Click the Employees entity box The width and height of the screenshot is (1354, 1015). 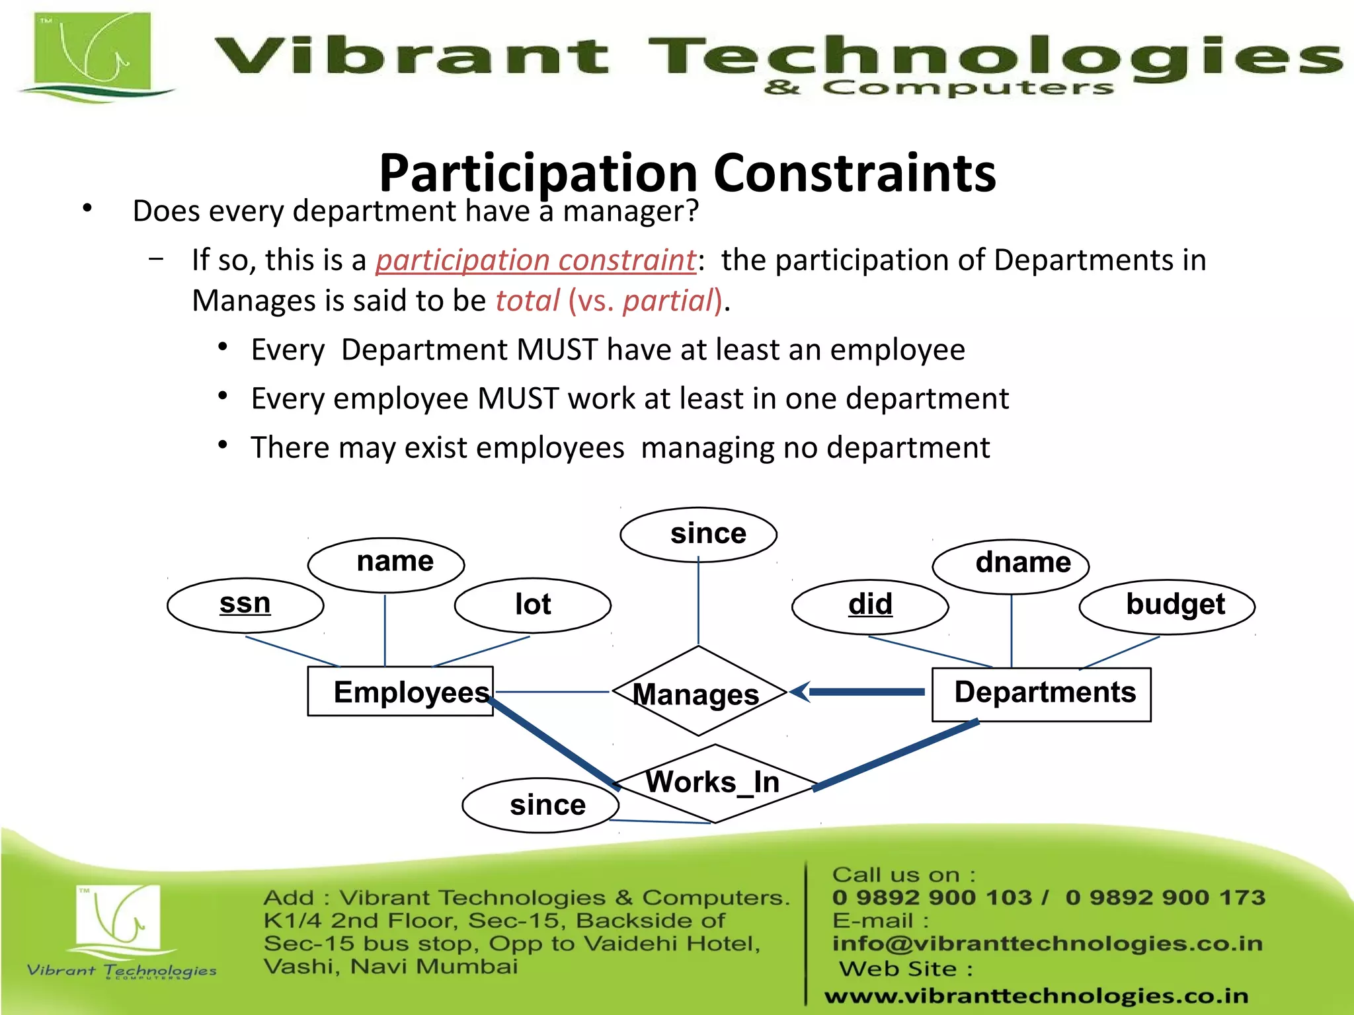pos(400,691)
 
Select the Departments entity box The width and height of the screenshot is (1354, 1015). pos(1041,694)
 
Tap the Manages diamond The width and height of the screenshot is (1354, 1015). pos(698,692)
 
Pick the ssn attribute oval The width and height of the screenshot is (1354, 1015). pos(245,605)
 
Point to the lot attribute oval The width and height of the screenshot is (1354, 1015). pos(532,605)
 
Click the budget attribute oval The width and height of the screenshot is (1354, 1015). pos(1167,606)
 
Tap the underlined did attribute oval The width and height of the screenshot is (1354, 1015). pos(870,606)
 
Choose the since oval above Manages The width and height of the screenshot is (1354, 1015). pos(698,534)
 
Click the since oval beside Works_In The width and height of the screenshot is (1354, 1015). pos(541,805)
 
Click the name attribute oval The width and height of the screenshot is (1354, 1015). pos(386,564)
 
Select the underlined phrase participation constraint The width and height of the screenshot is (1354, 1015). pos(536,260)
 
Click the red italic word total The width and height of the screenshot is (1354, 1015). pos(528,301)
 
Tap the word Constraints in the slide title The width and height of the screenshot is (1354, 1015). pos(854,173)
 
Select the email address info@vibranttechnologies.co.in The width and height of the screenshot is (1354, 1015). pos(1047,944)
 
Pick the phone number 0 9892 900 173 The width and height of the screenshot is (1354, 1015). pos(1165,897)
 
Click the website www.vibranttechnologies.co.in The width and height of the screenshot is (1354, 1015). pos(1036,995)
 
